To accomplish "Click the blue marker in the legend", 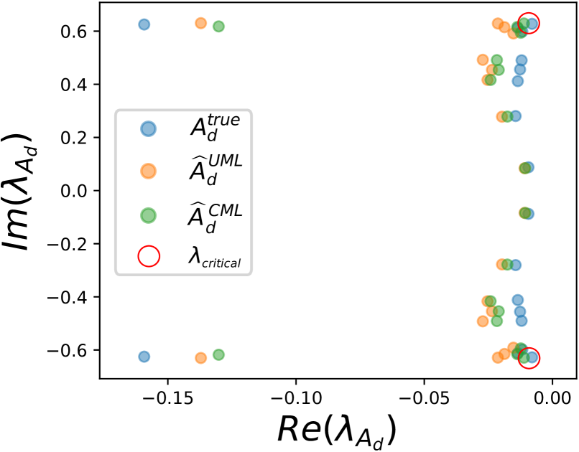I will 148,129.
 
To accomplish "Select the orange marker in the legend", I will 148,171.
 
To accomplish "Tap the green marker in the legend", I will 148,215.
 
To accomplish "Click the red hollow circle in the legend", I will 149,256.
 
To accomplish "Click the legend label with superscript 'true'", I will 215,127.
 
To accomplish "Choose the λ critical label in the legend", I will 214,256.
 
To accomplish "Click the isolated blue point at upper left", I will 144,24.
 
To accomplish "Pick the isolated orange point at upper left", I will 201,23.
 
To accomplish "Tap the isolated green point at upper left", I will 218,27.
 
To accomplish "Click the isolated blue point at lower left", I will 144,357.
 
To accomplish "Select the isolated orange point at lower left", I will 201,358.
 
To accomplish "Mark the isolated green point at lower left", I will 218,354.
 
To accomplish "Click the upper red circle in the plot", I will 529,23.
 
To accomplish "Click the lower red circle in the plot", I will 529,358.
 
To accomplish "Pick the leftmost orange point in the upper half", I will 483,60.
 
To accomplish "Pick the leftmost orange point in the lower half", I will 483,321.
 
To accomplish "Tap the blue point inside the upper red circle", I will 532,23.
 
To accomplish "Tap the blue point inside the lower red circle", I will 532,357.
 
